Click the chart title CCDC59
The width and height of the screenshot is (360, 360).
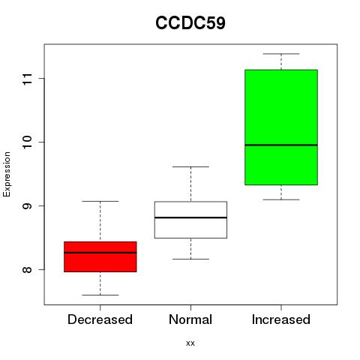tap(190, 23)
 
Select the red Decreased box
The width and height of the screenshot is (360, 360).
tap(100, 256)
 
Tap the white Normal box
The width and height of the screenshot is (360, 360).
tap(190, 220)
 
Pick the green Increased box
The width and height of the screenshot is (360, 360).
tap(281, 127)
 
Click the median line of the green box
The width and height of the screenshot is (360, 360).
tap(281, 145)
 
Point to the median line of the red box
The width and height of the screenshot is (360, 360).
tap(100, 253)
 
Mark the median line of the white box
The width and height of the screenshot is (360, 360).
tap(190, 217)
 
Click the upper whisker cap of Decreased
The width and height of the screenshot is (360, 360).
tap(100, 201)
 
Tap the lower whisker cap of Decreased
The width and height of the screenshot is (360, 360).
tap(100, 295)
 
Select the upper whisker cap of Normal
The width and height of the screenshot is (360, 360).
tap(190, 166)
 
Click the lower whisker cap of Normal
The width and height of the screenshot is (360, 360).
tap(190, 259)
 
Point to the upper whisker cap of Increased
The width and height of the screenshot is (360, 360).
tap(281, 54)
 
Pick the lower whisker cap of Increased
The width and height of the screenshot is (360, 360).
tap(281, 199)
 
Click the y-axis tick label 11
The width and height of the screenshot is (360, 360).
tap(28, 79)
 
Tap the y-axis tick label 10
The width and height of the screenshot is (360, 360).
tap(28, 142)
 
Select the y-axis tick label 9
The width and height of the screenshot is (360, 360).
tap(28, 205)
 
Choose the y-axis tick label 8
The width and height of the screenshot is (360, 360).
tap(28, 269)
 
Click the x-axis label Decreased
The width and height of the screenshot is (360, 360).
tap(100, 319)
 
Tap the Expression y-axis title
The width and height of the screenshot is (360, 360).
tap(7, 174)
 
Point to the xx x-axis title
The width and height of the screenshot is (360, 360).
tap(190, 343)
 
